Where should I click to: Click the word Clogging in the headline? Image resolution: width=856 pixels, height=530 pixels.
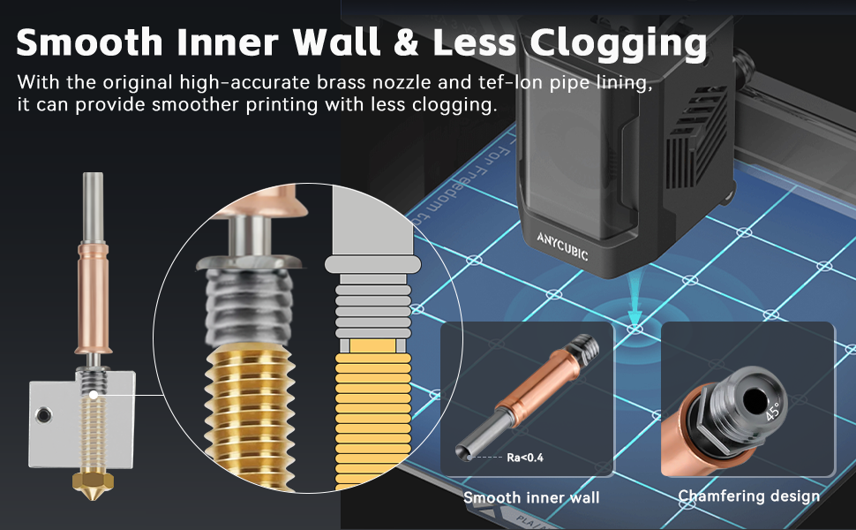[x=618, y=42]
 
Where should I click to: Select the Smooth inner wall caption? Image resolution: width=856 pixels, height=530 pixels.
[x=531, y=497]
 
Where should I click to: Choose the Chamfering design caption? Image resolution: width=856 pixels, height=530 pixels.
[x=748, y=496]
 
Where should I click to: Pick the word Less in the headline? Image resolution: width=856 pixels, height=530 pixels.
[x=486, y=42]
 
